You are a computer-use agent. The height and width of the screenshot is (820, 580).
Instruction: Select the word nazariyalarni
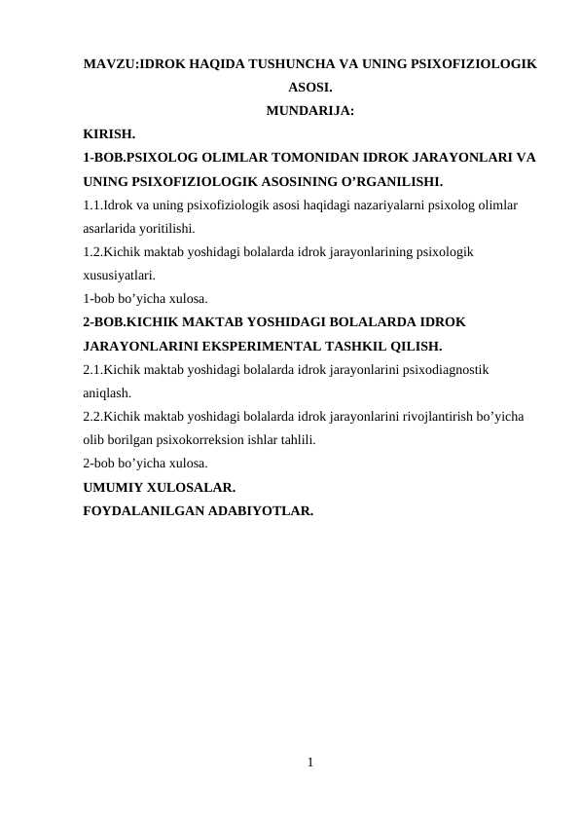372,205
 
